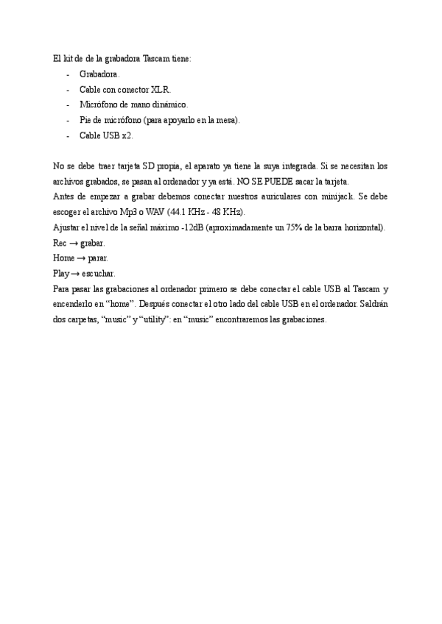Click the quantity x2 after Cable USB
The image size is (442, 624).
127,135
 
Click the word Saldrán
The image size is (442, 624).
373,305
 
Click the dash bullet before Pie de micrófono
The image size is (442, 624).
69,120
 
